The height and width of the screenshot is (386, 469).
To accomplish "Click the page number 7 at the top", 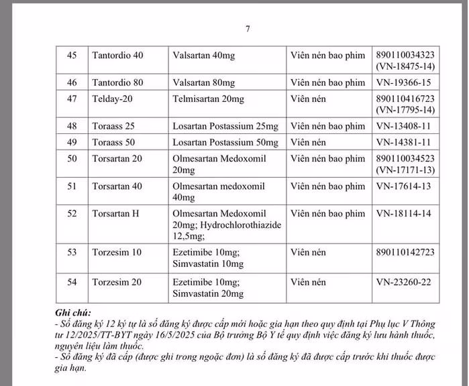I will click(248, 29).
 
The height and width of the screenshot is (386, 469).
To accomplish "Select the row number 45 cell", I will click(72, 55).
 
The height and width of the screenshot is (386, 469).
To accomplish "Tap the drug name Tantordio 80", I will click(117, 82).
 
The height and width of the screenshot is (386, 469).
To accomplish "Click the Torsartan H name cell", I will click(115, 214).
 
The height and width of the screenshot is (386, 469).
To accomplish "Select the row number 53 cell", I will click(72, 252).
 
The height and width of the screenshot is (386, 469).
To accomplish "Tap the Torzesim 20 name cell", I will click(117, 281).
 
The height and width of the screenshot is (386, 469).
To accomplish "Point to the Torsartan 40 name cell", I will click(117, 186).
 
